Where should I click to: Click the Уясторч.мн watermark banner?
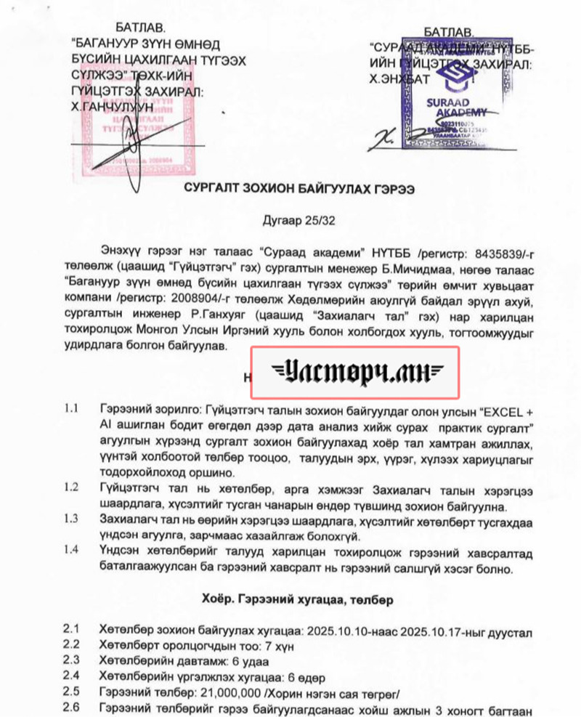(355, 373)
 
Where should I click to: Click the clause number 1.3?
(70, 519)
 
